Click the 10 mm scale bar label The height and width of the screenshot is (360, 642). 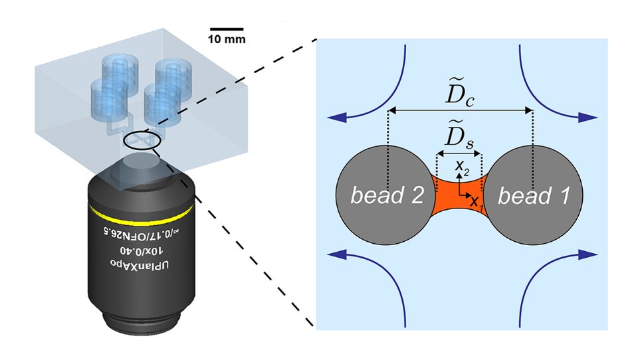(x=227, y=39)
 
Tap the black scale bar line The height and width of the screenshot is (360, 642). (x=227, y=29)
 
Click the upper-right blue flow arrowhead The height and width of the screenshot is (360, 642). (x=588, y=118)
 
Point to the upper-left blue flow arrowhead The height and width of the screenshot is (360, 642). (x=334, y=118)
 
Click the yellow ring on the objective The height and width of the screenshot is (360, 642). (x=141, y=213)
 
